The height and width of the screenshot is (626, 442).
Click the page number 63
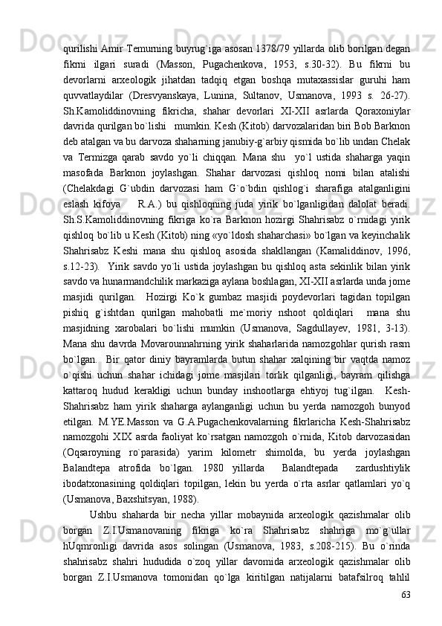(x=406, y=595)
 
